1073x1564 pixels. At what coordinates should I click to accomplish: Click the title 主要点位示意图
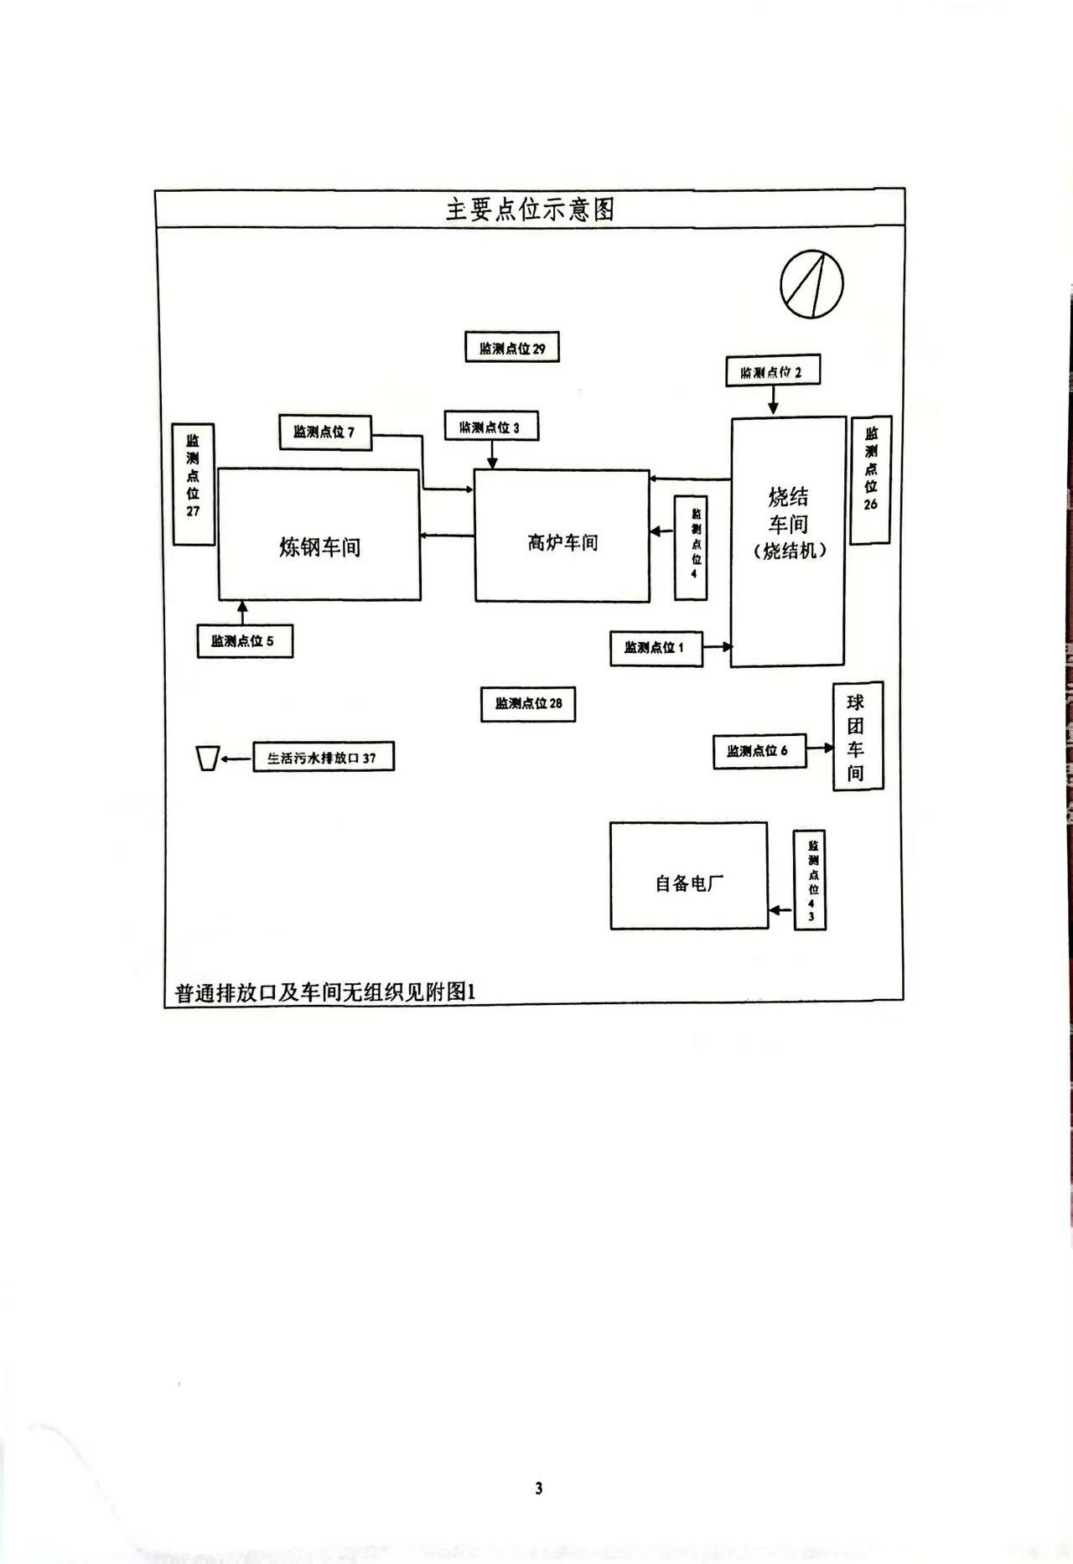tap(530, 210)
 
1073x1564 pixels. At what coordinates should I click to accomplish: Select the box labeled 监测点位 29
tap(512, 348)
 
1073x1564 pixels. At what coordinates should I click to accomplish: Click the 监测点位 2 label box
tap(772, 371)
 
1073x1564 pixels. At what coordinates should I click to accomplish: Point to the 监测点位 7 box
tap(324, 432)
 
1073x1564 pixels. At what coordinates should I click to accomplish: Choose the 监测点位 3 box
tap(490, 427)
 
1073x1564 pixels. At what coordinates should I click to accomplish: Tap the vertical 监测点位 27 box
tap(194, 484)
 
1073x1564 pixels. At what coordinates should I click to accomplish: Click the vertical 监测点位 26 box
tap(870, 479)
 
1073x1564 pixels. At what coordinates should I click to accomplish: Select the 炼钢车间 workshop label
tap(319, 547)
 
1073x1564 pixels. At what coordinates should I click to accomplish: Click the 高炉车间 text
tap(562, 542)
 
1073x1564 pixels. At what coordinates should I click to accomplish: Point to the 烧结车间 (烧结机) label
tap(788, 524)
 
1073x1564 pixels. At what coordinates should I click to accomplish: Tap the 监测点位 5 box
tap(244, 642)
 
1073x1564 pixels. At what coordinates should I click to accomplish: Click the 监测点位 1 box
tap(656, 648)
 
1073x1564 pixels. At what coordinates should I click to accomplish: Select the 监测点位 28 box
tap(528, 704)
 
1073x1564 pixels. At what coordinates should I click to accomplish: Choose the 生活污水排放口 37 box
tap(323, 758)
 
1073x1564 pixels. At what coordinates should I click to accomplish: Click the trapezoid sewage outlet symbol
tap(208, 758)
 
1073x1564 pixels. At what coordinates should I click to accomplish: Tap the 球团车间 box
tap(857, 737)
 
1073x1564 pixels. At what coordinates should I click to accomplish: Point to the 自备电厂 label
tap(689, 883)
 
